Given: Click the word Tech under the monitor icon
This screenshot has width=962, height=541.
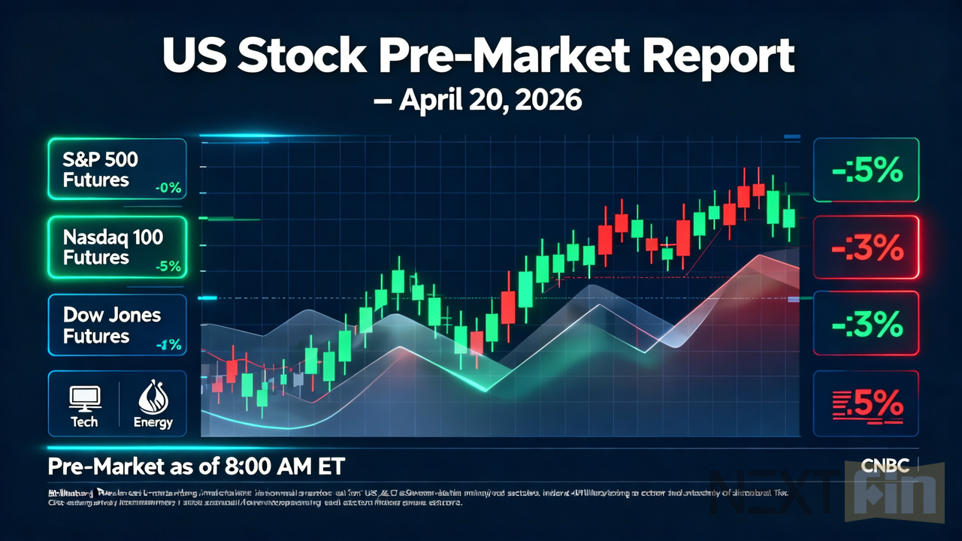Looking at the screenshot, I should pyautogui.click(x=83, y=422).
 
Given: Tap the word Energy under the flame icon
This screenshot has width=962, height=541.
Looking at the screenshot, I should pyautogui.click(x=153, y=422).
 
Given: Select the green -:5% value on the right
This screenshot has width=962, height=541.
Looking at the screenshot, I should pyautogui.click(x=867, y=171).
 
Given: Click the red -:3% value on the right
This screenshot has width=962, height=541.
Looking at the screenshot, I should pyautogui.click(x=867, y=248).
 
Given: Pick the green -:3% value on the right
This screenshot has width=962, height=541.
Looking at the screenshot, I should pyautogui.click(x=867, y=325).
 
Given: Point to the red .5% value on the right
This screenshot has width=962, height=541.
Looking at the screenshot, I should pyautogui.click(x=867, y=403).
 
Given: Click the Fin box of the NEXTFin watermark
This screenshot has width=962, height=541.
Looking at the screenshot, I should pyautogui.click(x=894, y=494).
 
